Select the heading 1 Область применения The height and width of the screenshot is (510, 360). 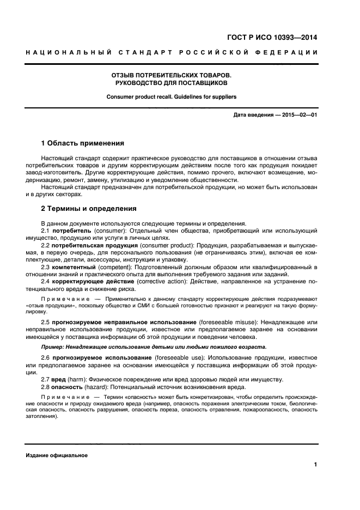83,143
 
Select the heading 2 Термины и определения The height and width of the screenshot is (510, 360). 89,209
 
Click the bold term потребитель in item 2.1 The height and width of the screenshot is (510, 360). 71,231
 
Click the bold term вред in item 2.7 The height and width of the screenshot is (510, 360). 60,380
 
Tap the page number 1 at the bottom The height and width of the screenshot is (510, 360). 316,465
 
